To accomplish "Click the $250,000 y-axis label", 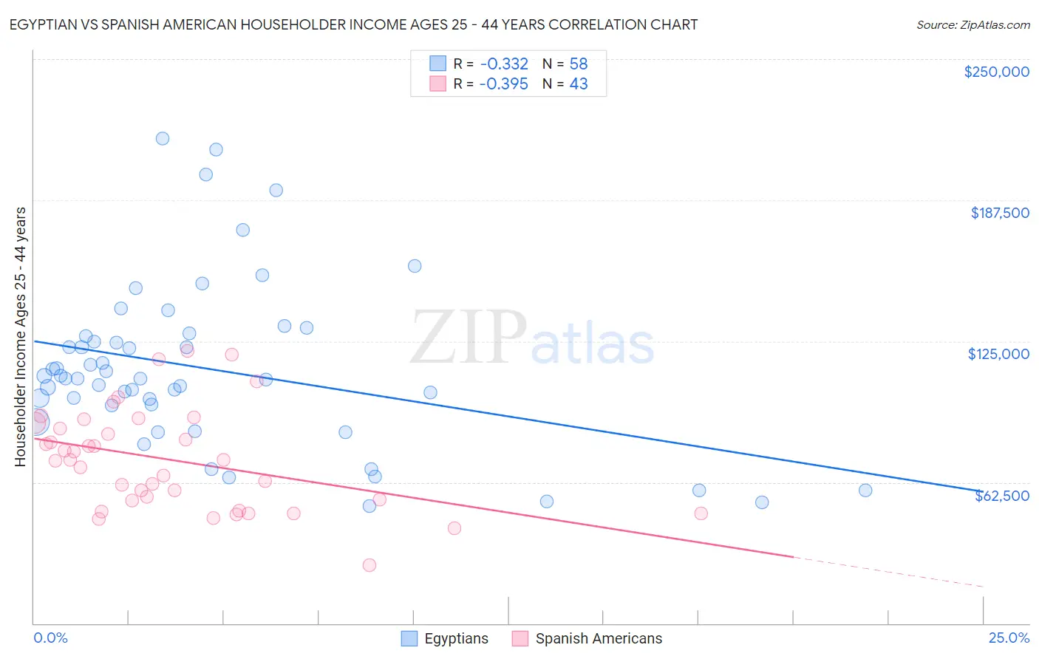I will [996, 72].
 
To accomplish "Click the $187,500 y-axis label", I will [999, 213].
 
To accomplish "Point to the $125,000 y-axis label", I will [998, 354].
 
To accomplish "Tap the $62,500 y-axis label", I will [1001, 496].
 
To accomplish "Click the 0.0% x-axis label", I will [50, 638].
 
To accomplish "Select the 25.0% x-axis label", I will [1009, 638].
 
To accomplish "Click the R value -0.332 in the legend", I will [503, 64].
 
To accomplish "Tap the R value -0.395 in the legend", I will [503, 83].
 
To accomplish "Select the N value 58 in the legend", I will [578, 64].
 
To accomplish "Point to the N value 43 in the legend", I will [578, 83].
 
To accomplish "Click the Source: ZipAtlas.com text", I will [972, 24].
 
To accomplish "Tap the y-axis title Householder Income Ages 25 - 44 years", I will [21, 336].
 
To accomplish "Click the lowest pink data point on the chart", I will [369, 565].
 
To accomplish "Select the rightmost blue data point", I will [865, 491].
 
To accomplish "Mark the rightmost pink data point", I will [701, 513].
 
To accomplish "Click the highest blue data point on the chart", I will [163, 138].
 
